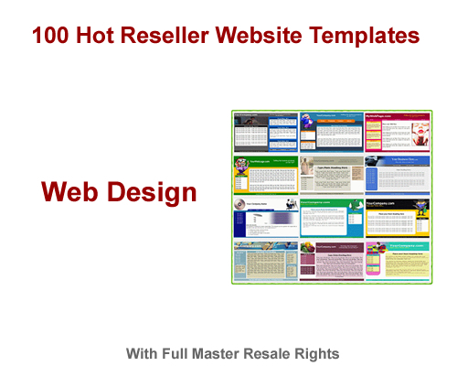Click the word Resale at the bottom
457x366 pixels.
pos(282,353)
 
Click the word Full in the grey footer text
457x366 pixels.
pos(191,353)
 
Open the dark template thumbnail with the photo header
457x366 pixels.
pos(264,134)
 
